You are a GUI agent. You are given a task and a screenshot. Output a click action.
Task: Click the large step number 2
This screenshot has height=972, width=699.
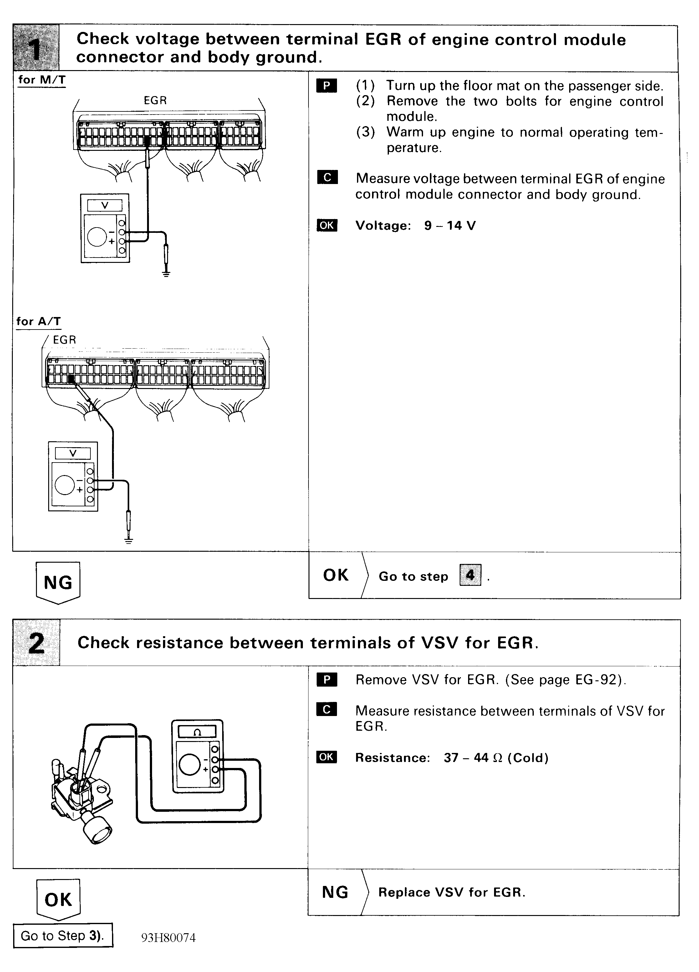pos(36,642)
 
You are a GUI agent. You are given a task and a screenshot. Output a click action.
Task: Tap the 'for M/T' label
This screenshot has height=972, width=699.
pos(42,80)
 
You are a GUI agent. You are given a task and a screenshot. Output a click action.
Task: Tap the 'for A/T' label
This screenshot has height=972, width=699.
pos(38,321)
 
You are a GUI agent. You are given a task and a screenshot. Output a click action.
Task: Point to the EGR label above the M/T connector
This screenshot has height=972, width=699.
pos(155,100)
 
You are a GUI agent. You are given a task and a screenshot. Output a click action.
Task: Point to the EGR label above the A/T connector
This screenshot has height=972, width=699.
pos(64,340)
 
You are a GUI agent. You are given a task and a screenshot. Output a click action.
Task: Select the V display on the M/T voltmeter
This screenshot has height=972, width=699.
pos(105,206)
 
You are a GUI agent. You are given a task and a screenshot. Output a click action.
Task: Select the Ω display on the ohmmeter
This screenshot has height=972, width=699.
pos(197,732)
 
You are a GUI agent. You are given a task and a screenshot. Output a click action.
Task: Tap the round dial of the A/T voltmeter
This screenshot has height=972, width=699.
pos(65,485)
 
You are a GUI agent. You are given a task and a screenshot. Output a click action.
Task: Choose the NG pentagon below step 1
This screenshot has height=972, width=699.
pos(58,582)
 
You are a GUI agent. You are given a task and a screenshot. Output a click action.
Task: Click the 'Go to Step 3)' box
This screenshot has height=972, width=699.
pos(63,936)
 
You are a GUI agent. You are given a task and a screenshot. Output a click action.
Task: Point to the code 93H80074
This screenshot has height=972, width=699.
pos(168,938)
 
